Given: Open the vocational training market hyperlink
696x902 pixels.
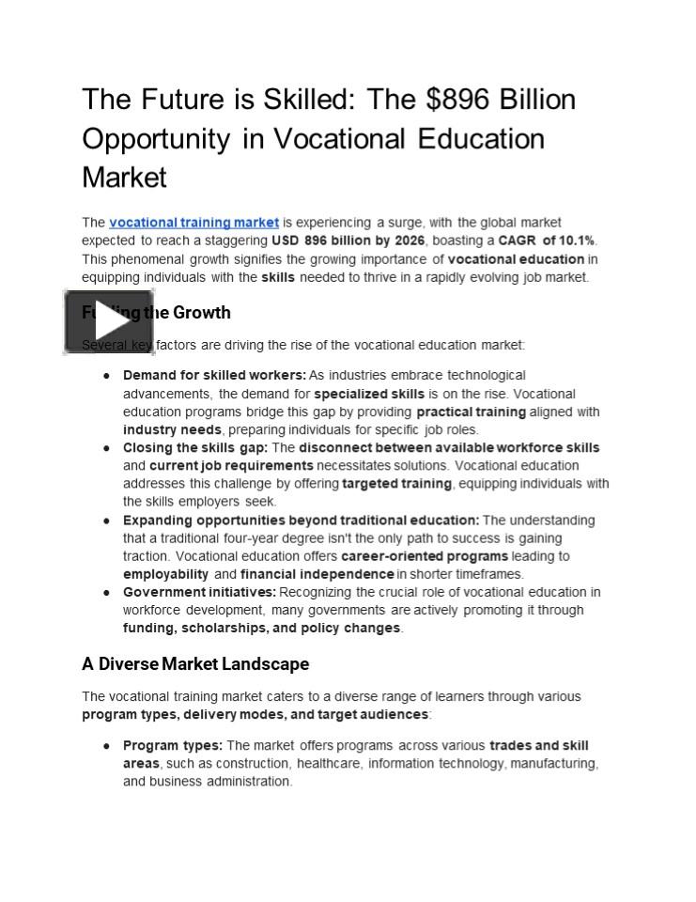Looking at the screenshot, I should (x=193, y=223).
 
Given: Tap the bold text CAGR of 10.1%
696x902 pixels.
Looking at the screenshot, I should (x=547, y=241).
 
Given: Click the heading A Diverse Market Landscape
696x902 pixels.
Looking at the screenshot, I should (x=195, y=664).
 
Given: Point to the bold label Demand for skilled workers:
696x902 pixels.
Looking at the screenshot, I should (x=214, y=376).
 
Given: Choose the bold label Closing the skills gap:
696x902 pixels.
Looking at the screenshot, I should (x=195, y=448).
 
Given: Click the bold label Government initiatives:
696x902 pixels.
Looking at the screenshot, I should (x=199, y=592).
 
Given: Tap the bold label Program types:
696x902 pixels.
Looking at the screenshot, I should (x=173, y=746).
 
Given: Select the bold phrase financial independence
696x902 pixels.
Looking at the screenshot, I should (x=317, y=574).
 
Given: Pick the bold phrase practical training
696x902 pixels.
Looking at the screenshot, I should (x=471, y=412).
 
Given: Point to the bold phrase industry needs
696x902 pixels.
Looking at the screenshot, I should (x=172, y=429).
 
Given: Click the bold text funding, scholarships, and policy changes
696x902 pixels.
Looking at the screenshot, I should (x=261, y=628).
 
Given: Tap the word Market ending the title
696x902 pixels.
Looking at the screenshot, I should (x=124, y=178).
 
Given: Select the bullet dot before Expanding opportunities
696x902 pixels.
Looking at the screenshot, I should (x=107, y=521).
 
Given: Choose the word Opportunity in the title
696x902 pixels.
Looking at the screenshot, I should (x=156, y=139).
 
